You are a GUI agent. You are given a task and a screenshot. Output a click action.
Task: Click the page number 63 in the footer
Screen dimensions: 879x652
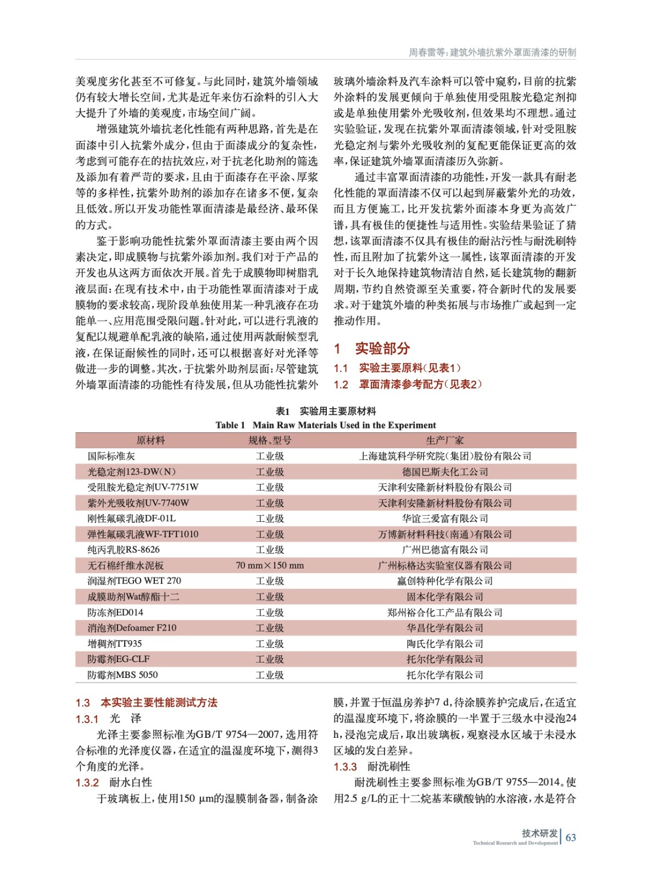pos(571,837)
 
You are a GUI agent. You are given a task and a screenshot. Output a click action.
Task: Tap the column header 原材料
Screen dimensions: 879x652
pos(151,440)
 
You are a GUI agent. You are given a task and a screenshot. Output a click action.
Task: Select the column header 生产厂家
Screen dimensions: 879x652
pos(444,440)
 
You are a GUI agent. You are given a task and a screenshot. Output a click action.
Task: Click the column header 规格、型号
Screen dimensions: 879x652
pos(270,440)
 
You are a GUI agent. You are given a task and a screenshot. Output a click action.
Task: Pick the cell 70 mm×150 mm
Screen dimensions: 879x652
pos(270,565)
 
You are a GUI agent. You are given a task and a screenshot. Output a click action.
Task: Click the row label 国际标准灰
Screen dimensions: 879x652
pos(111,456)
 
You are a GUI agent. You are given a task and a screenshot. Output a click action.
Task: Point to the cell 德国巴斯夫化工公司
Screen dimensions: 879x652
pos(444,472)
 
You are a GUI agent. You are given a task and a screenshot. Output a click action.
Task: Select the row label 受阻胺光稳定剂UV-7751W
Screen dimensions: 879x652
pos(143,487)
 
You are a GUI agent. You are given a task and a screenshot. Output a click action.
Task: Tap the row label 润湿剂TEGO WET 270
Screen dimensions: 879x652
pos(134,581)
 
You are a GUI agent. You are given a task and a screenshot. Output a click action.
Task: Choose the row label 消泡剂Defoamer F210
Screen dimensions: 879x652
pos(132,628)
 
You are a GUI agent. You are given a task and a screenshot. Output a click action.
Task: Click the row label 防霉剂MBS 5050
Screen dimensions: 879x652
pos(122,675)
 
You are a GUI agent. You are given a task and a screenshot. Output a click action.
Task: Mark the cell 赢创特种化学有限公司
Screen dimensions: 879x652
pos(444,581)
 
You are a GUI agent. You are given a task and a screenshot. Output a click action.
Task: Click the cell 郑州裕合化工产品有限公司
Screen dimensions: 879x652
pos(444,613)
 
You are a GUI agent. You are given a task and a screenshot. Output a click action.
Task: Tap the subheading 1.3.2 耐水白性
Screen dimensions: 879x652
pos(114,782)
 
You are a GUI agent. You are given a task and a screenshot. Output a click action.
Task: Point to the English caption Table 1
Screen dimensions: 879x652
pos(326,425)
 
